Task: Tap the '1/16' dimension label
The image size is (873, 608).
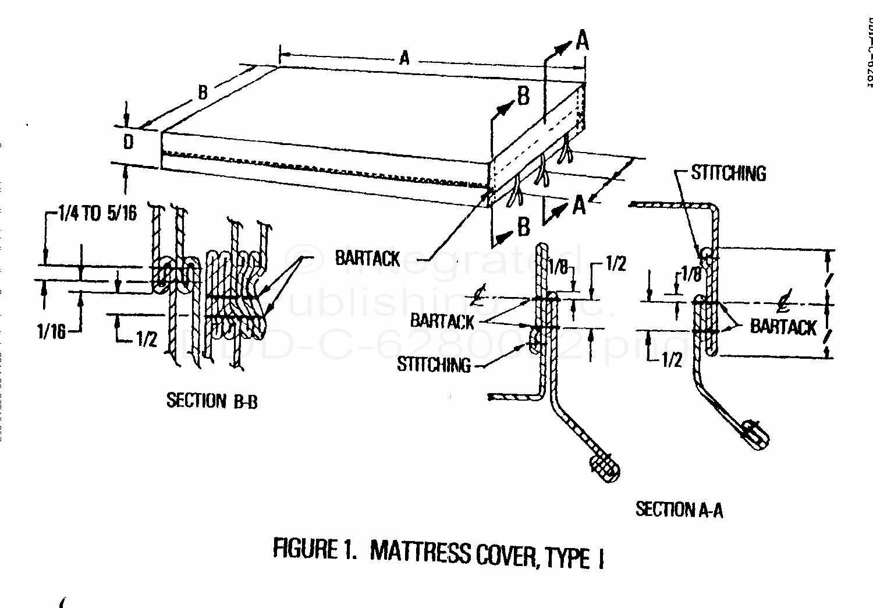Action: coord(51,332)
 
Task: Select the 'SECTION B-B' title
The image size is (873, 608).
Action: coord(212,401)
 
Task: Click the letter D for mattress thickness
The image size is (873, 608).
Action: coord(129,142)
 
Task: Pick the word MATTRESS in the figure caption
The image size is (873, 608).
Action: coord(419,552)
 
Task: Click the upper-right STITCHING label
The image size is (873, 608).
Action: coord(728,173)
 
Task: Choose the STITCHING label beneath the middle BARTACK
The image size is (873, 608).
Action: coord(434,365)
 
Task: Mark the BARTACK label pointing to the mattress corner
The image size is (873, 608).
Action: coord(367,258)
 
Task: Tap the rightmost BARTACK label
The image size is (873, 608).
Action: coord(783,327)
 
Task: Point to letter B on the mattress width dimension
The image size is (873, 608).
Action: coord(203,92)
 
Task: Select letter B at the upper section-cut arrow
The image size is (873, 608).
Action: coord(523,97)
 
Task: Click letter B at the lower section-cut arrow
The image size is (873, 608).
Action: coord(523,227)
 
